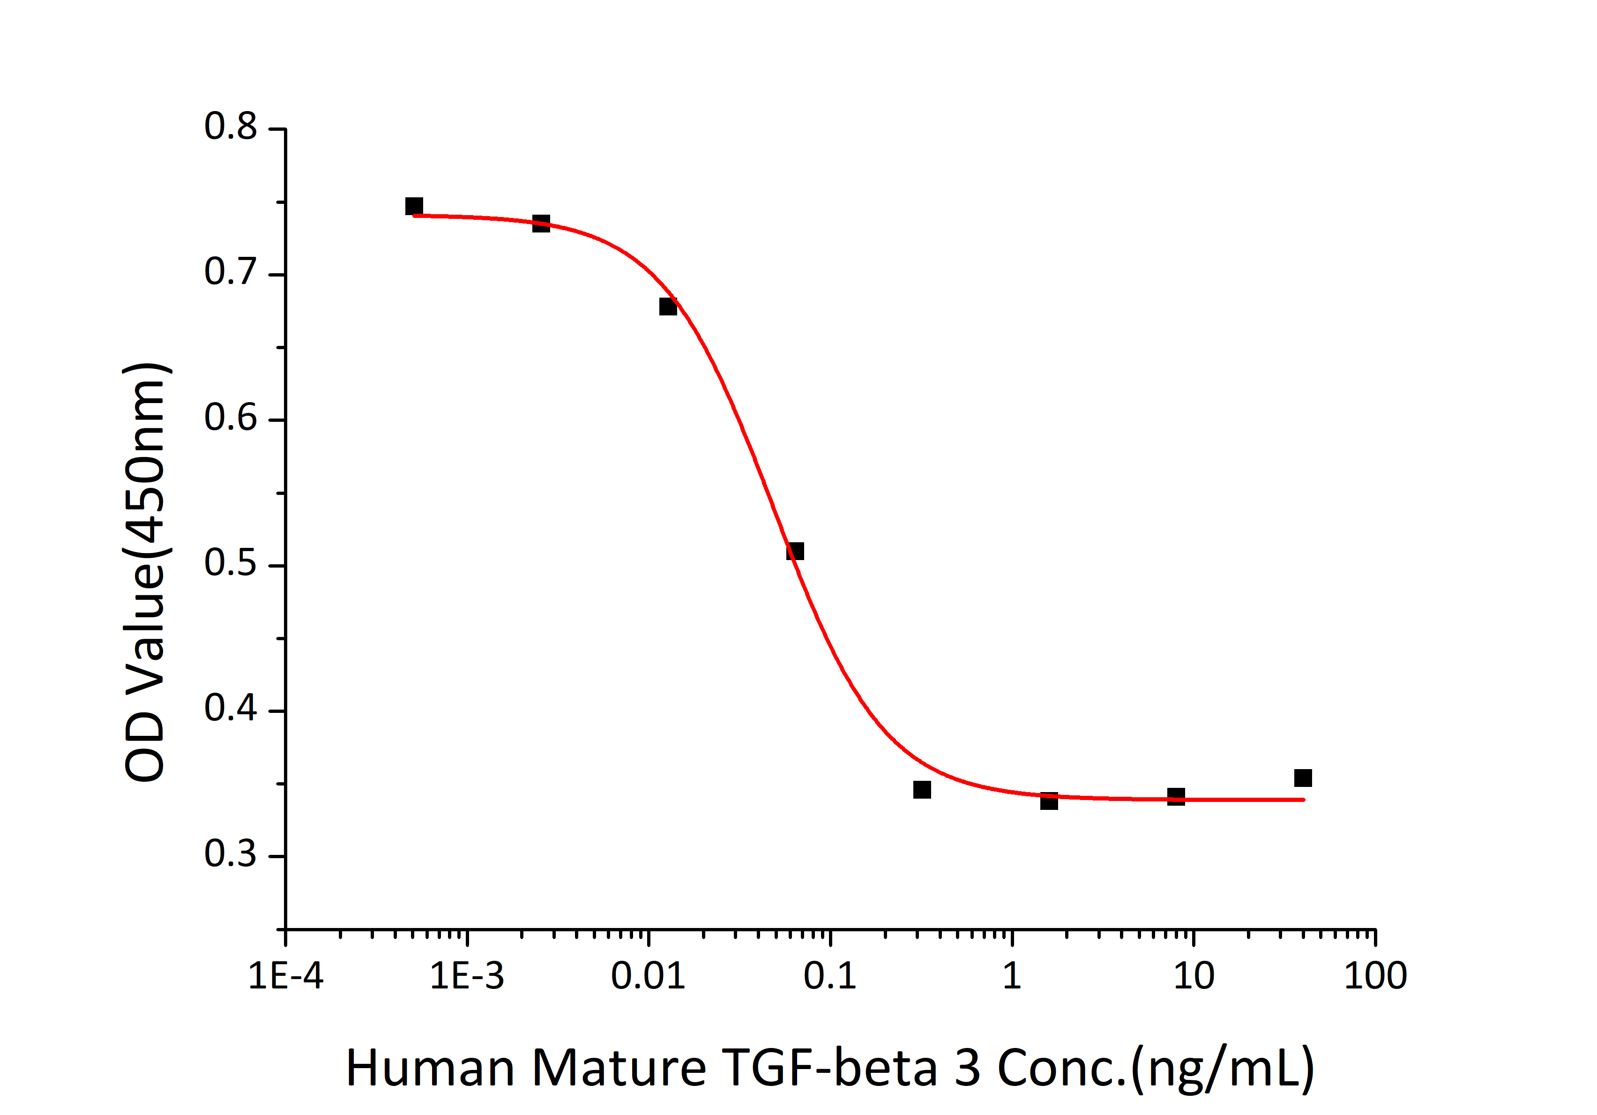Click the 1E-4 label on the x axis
pyautogui.click(x=286, y=976)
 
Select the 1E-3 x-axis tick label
pyautogui.click(x=467, y=976)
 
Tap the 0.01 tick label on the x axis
pyautogui.click(x=648, y=976)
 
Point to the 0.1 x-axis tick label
pyautogui.click(x=830, y=976)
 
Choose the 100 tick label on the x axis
pyautogui.click(x=1375, y=976)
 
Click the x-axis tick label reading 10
pyautogui.click(x=1194, y=976)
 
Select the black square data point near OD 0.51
pyautogui.click(x=795, y=552)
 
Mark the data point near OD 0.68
pyautogui.click(x=668, y=307)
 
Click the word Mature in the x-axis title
pyautogui.click(x=619, y=1069)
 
